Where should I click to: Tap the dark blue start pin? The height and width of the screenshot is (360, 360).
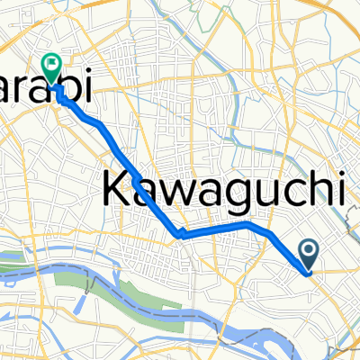(x=308, y=255)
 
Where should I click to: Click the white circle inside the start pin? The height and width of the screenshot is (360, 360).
(x=308, y=251)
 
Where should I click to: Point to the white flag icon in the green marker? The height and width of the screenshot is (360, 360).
(x=50, y=64)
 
